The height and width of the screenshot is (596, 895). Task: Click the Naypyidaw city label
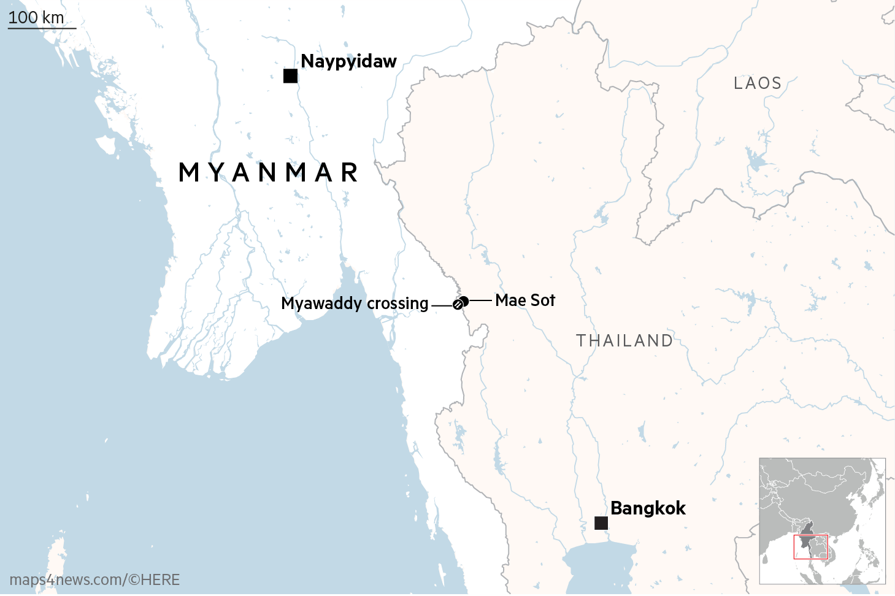pos(348,61)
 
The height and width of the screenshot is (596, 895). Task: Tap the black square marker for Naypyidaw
pos(291,76)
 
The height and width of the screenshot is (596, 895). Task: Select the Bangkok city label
pos(648,508)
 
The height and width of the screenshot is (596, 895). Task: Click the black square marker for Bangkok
pos(601,523)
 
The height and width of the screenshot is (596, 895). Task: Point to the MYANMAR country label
pos(269,172)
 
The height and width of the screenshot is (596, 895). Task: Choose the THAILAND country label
pos(624,341)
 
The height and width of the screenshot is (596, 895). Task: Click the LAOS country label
pos(758,83)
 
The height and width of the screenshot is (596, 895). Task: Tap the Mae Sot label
pos(525,300)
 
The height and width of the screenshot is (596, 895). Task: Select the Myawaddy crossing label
pos(355,304)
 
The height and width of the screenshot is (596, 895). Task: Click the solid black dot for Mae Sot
pos(464,301)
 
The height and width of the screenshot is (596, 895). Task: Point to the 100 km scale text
pos(36,17)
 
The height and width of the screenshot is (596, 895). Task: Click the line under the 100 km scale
pos(42,28)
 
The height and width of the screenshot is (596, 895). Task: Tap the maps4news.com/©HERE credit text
pos(94,580)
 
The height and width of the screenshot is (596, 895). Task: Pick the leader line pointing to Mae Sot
pos(480,300)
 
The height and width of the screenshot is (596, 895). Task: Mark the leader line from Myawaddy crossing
pos(442,305)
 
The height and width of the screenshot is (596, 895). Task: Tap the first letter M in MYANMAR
pos(189,172)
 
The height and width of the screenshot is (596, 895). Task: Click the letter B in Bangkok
pos(617,508)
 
